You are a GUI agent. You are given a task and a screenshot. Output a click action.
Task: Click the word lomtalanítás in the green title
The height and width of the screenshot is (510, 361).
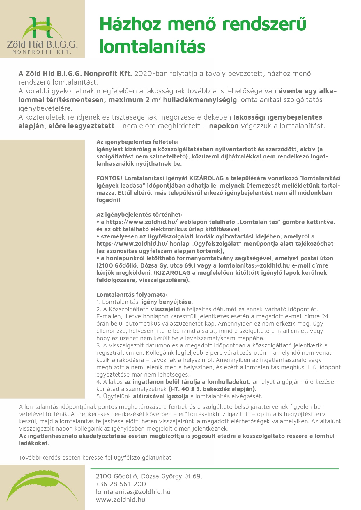tap(152, 47)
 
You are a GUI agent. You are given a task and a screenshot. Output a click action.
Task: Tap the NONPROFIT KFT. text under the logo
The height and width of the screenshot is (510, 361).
tap(42, 52)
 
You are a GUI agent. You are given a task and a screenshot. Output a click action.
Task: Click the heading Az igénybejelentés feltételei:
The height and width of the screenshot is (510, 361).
tap(139, 142)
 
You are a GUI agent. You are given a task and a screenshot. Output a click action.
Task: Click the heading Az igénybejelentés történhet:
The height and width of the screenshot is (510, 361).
tap(139, 215)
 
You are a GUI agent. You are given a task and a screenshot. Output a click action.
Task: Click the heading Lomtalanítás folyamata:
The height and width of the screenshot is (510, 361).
tap(132, 295)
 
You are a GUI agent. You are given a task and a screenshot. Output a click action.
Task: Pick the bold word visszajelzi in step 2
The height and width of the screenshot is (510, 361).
tap(165, 309)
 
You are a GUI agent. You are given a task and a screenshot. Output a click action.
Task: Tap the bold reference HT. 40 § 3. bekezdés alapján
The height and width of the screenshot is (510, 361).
tap(212, 389)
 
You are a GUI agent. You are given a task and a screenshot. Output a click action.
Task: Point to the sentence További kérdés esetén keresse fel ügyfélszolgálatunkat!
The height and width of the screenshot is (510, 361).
tap(96, 458)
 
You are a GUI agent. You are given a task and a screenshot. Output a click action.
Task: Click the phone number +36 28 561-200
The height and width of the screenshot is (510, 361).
tap(121, 484)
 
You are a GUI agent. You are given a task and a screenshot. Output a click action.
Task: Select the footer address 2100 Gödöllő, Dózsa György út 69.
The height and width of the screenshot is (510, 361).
tap(149, 476)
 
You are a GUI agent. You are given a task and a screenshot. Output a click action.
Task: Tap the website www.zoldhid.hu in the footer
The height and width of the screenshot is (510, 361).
tap(121, 500)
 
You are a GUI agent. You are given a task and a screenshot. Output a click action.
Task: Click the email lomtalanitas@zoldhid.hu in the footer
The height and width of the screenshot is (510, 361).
tap(133, 492)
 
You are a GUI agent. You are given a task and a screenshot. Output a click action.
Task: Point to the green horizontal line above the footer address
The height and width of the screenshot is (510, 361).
tap(215, 469)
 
